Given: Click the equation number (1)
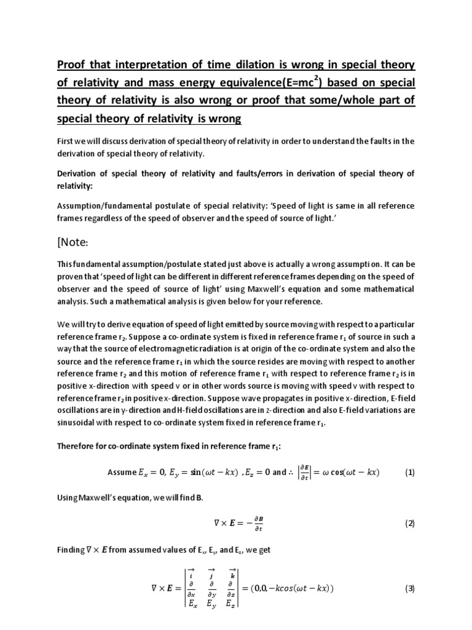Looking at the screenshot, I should pos(410,472).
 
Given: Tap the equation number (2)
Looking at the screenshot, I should pos(410,524).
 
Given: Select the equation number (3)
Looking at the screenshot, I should pos(410,588).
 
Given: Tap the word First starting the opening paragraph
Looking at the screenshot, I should pos(66,141).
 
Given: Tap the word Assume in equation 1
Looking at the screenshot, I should pos(121,472).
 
